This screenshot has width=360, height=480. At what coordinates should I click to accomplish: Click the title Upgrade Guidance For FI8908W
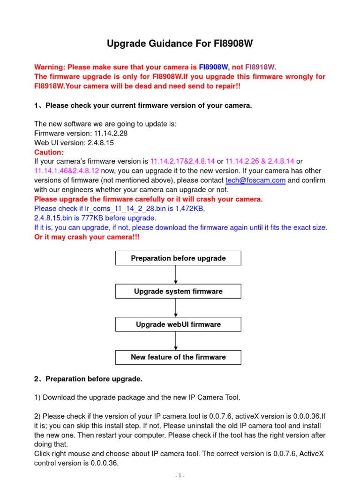[180, 45]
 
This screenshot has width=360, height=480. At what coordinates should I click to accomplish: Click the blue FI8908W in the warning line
[213, 67]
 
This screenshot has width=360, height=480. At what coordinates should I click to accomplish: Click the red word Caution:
[49, 152]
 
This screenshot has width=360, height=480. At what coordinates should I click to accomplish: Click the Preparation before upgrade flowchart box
[178, 258]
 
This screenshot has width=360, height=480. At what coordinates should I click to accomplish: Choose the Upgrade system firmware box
[178, 291]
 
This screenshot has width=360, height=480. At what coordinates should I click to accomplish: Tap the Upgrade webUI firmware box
[178, 324]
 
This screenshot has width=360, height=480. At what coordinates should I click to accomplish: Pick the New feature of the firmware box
[178, 357]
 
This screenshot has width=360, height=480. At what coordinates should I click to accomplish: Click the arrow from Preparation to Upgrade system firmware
[176, 275]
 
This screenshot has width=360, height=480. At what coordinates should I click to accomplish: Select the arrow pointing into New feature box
[176, 341]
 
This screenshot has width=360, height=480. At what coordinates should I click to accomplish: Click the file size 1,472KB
[189, 209]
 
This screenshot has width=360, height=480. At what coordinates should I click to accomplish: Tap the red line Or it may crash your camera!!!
[87, 237]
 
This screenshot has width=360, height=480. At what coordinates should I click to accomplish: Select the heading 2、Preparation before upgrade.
[88, 378]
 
